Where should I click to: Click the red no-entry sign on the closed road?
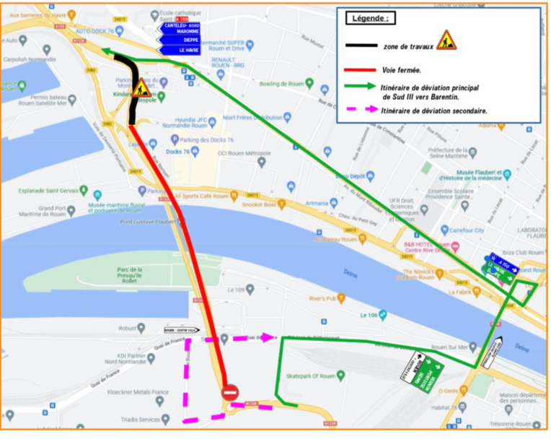coord(230,392)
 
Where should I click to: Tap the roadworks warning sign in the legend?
coord(446,40)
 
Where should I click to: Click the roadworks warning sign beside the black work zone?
coord(142,88)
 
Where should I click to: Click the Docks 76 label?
coord(177,152)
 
